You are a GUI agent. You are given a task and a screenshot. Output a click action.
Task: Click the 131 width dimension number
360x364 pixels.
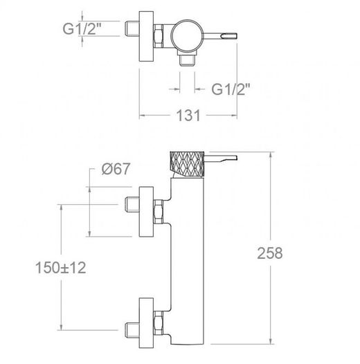tap(188, 116)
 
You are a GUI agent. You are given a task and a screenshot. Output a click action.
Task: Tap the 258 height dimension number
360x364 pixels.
tap(270, 253)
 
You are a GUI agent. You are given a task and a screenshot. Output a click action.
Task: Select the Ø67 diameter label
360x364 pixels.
tap(116, 169)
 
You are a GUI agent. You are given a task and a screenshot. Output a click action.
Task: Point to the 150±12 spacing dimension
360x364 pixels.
tap(61, 267)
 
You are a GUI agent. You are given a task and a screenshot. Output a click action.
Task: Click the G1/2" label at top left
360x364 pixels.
tap(82, 29)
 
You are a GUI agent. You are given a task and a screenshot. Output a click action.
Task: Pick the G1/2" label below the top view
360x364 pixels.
tap(231, 89)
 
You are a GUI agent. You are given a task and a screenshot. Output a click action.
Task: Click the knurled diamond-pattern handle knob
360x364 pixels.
tap(187, 163)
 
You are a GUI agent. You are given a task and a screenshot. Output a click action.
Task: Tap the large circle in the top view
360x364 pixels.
tap(187, 35)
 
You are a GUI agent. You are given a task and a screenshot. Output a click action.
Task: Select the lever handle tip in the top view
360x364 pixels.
tap(229, 36)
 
